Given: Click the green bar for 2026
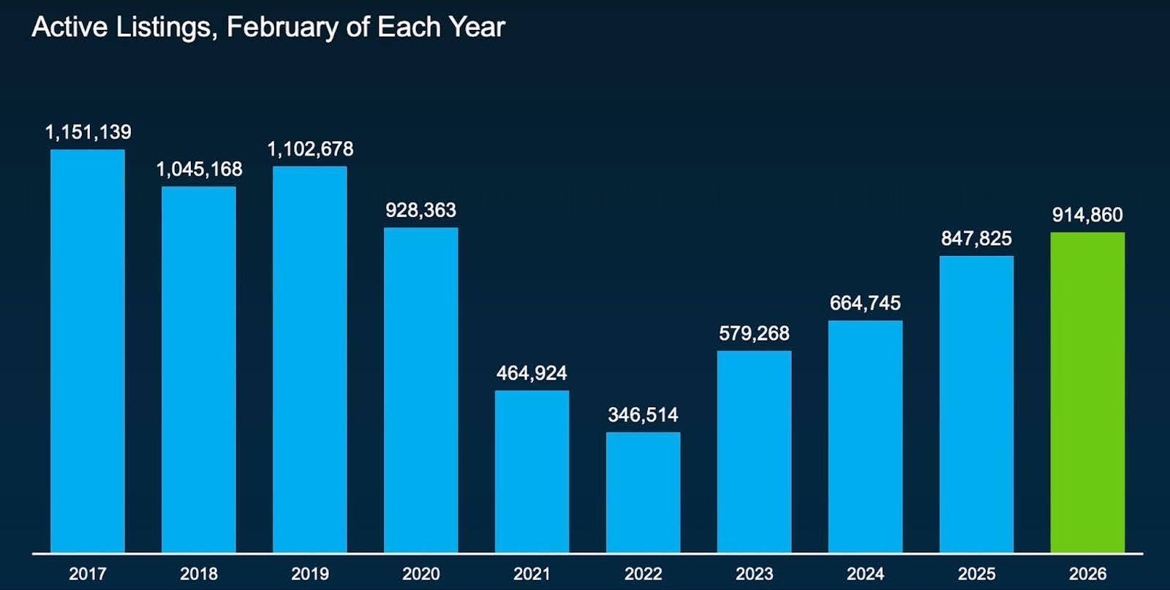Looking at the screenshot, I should click(1087, 392).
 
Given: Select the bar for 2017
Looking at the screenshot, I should click(88, 351).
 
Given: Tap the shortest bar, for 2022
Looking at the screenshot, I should click(643, 492).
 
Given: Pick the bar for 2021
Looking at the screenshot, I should click(532, 472).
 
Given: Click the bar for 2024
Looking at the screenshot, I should click(865, 436).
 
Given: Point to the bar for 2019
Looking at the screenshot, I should click(310, 359).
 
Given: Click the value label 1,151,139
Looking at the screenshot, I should click(88, 132).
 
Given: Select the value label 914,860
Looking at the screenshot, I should click(1087, 215).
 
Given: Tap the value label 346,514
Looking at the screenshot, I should click(643, 415).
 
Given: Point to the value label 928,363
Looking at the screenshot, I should click(420, 211).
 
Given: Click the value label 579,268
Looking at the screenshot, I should click(754, 333).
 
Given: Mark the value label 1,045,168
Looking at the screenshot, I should click(199, 170).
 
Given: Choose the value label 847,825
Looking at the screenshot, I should click(976, 238).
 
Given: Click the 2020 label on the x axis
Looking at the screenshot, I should click(420, 574).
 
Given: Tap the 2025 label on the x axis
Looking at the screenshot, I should click(976, 574).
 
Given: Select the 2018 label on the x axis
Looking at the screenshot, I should click(199, 574).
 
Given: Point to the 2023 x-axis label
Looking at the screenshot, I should click(754, 574).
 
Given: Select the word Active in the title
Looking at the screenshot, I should click(69, 28).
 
